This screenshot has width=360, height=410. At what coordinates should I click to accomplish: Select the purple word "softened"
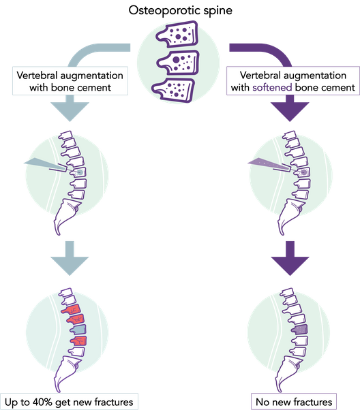[x=272, y=87]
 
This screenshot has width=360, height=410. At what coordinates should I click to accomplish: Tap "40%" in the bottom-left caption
[x=43, y=402]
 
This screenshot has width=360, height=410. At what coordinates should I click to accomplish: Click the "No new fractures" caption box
[x=294, y=402]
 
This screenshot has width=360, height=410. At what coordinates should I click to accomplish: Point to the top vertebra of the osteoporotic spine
[x=178, y=34]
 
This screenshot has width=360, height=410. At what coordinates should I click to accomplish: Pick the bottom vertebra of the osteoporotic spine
[x=175, y=90]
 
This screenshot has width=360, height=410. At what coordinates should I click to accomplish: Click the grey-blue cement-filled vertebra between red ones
[x=78, y=330]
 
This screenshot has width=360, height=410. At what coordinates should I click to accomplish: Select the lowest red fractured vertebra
[x=79, y=341]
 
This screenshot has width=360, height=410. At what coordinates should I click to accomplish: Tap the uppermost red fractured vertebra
[x=71, y=310]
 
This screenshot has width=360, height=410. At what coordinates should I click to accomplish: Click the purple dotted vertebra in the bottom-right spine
[x=300, y=330]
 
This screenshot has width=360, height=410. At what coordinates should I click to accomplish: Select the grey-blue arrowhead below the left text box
[x=70, y=112]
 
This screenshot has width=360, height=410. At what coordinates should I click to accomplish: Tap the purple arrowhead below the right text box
[x=290, y=112]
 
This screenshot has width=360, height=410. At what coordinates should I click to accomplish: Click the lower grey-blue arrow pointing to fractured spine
[x=70, y=258]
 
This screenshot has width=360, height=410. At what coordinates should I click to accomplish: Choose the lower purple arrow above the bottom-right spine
[x=290, y=258]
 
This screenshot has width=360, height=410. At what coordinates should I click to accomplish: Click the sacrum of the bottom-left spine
[x=66, y=373]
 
